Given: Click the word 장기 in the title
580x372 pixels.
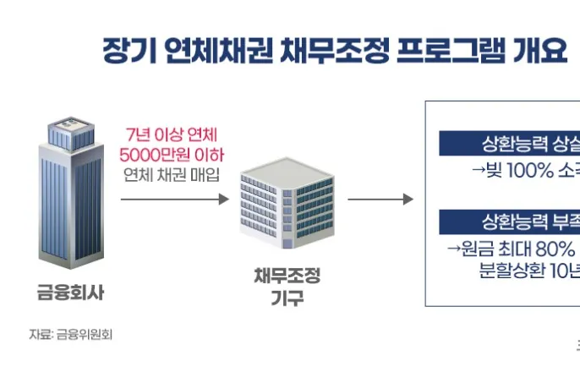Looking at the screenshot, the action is (123, 50).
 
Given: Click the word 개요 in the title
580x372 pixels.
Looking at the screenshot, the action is (540, 50).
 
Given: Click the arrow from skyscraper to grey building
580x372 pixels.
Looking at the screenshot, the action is (174, 200).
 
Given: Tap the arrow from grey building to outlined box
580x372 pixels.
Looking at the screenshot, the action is (380, 200).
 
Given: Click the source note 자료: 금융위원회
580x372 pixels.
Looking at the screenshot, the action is (71, 334).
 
